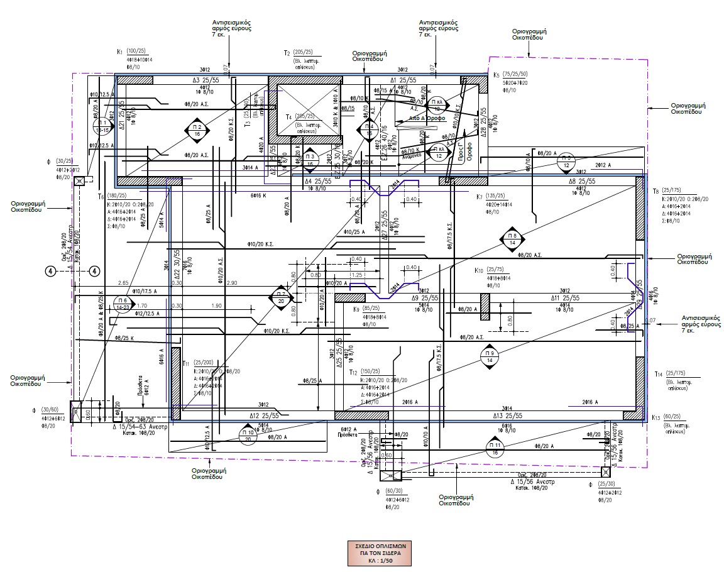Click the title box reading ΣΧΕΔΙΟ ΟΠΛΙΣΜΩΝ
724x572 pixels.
(380, 553)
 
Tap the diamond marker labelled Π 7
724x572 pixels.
(280, 297)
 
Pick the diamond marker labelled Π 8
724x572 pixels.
(510, 239)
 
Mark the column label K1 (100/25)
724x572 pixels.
(131, 51)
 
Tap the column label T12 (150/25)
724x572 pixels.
(367, 372)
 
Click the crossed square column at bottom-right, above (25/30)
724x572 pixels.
(605, 471)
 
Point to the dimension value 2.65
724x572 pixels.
(123, 283)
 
